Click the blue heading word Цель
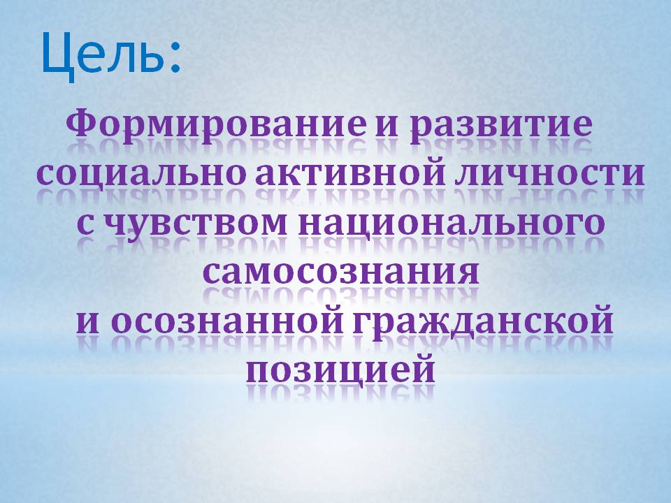pos(103,54)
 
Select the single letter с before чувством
pos(85,224)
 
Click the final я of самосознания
pos(467,273)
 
